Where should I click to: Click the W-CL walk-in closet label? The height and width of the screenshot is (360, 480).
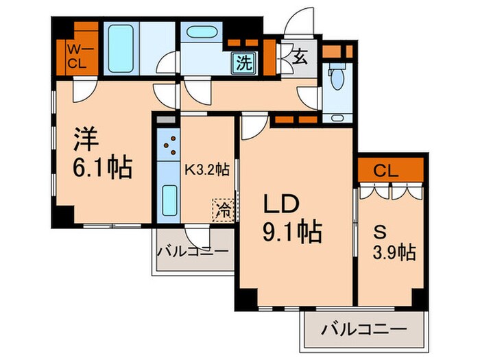click(x=77, y=56)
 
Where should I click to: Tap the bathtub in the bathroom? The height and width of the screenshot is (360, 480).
click(x=121, y=49)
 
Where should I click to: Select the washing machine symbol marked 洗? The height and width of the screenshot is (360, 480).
click(x=244, y=63)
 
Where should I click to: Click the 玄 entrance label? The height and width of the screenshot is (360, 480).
click(x=300, y=57)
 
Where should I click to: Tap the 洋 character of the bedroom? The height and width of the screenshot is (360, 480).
click(x=86, y=139)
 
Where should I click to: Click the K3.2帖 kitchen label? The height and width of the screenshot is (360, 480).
click(x=206, y=169)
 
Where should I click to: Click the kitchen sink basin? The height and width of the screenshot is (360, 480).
click(x=169, y=200)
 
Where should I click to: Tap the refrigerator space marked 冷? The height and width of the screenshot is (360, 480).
click(x=224, y=210)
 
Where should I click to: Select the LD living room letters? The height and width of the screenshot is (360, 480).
click(x=281, y=204)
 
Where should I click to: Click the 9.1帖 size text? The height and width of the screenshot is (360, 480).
click(x=292, y=231)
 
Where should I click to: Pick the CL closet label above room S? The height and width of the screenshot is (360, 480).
click(x=385, y=171)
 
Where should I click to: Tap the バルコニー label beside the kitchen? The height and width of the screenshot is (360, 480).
click(x=193, y=252)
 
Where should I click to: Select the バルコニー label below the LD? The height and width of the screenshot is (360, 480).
click(x=364, y=330)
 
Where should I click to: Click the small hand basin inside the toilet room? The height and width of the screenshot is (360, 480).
click(x=337, y=117)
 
